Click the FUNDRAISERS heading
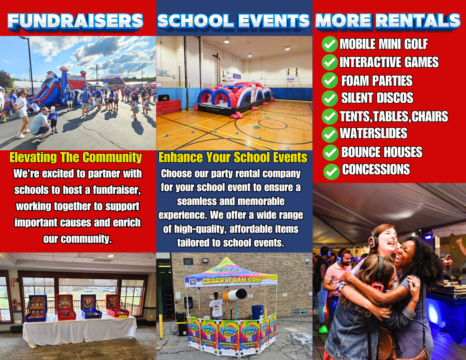pyautogui.click(x=75, y=21)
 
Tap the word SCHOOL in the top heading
pyautogui.click(x=195, y=21)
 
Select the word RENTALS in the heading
pyautogui.click(x=418, y=21)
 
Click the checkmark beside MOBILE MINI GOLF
pyautogui.click(x=330, y=44)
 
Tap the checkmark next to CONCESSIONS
pyautogui.click(x=331, y=172)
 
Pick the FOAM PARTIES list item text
pyautogui.click(x=377, y=81)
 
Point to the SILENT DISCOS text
pyautogui.click(x=377, y=98)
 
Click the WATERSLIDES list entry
pyautogui.click(x=373, y=134)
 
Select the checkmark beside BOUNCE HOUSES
pyautogui.click(x=331, y=153)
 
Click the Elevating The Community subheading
pyautogui.click(x=75, y=157)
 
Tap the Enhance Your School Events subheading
pyautogui.click(x=233, y=157)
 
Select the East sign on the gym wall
pyautogui.click(x=291, y=79)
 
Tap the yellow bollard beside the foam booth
pyautogui.click(x=161, y=326)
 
